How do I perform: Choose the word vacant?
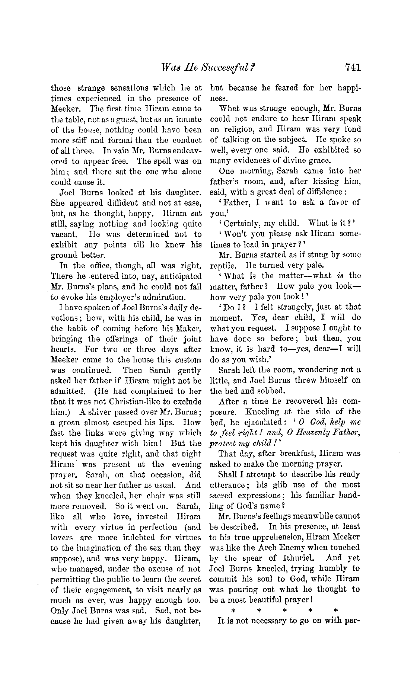coord(64,234)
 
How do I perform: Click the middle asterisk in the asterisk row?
coord(285,611)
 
